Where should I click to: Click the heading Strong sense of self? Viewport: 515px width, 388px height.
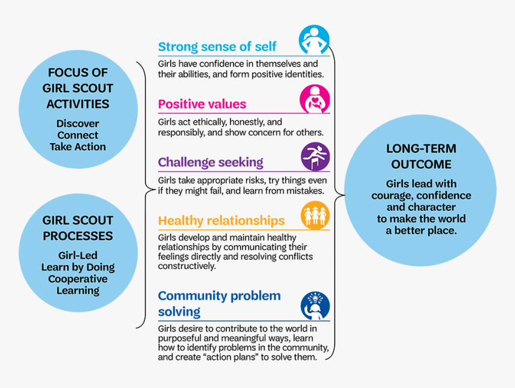pos(217,47)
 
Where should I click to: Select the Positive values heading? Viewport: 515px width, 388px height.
pos(202,104)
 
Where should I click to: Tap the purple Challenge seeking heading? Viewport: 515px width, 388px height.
pos(210,162)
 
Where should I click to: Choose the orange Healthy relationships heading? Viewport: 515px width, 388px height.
pos(221,220)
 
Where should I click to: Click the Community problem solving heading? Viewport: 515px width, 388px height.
pos(219,304)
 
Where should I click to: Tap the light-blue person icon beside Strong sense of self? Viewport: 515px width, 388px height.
pos(314,40)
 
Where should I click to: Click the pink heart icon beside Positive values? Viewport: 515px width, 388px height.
pos(314,99)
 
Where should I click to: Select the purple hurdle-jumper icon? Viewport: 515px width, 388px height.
pos(315,157)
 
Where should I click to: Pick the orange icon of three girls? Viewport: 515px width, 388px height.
pos(315,215)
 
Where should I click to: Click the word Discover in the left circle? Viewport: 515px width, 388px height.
pos(78,124)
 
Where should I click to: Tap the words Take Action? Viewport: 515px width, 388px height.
pos(78,147)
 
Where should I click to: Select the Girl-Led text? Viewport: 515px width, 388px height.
pos(78,256)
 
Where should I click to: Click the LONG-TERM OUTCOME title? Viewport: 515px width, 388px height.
pos(420,156)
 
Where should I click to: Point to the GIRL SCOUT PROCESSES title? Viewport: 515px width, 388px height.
pos(78,228)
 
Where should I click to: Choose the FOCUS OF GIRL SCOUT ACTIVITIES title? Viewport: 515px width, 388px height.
pos(78,88)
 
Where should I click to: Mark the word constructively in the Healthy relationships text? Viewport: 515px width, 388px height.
pos(187,266)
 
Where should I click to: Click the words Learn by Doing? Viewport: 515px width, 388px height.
pos(78,267)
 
